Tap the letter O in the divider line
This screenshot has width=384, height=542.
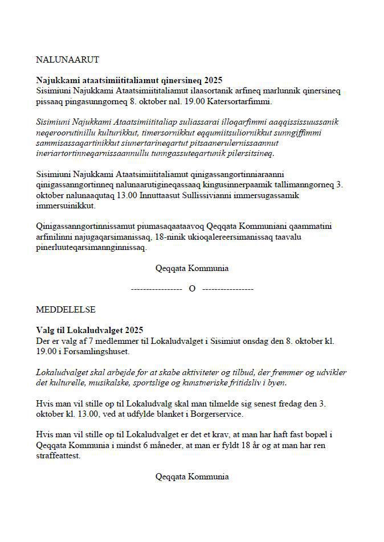[192, 289]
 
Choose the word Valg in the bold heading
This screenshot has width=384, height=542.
[45, 330]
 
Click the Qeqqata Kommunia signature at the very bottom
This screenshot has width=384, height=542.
[192, 476]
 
